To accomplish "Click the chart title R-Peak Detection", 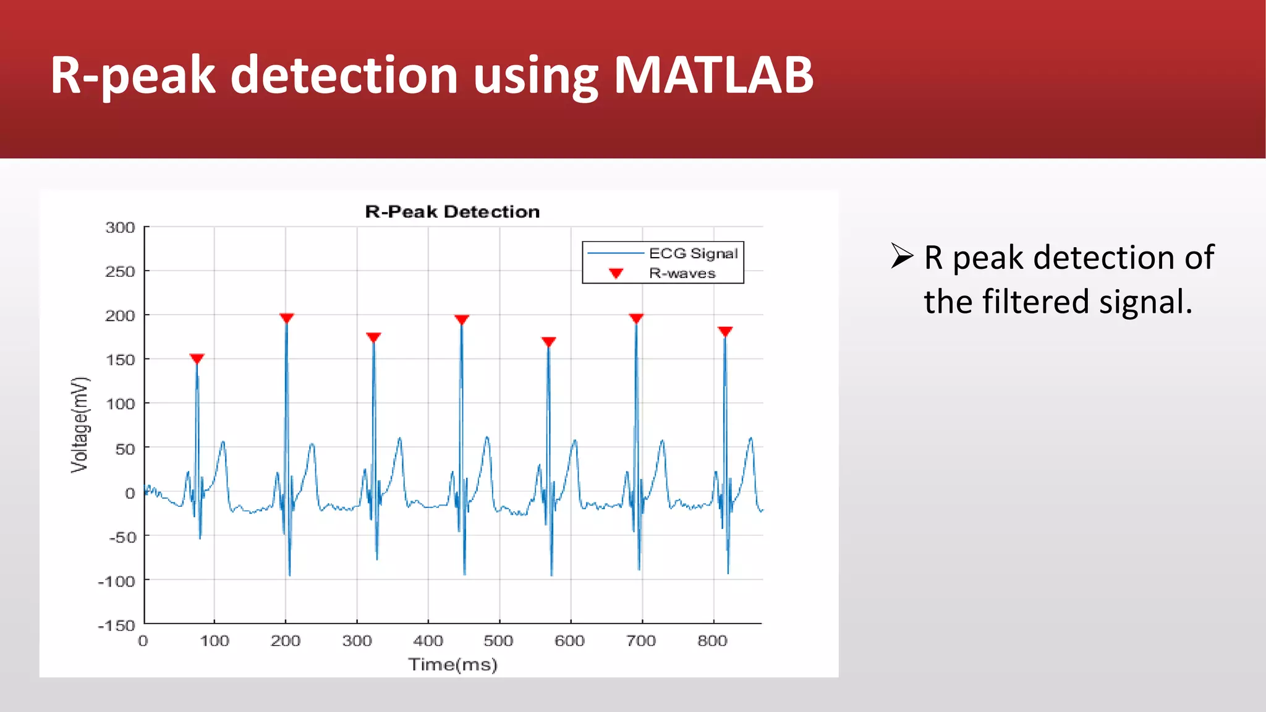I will click(452, 212).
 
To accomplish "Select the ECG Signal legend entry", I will click(693, 253).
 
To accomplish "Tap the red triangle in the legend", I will click(616, 273).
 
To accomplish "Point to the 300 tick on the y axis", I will click(121, 227).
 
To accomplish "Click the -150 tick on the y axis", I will click(117, 625).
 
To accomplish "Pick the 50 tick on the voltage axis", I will click(125, 449).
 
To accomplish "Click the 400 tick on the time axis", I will click(428, 641).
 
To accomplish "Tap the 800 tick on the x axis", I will click(712, 641).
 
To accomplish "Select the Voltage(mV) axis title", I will click(80, 425).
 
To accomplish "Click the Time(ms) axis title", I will click(452, 665).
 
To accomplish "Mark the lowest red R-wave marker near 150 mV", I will click(197, 358).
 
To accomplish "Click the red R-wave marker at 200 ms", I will click(286, 318).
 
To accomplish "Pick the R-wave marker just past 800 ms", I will click(725, 331).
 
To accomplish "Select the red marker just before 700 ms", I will click(636, 318).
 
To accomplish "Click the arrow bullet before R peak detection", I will click(902, 256).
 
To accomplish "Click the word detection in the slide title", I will click(344, 75).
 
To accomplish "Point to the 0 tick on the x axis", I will click(143, 641).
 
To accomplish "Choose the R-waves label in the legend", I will click(682, 273).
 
